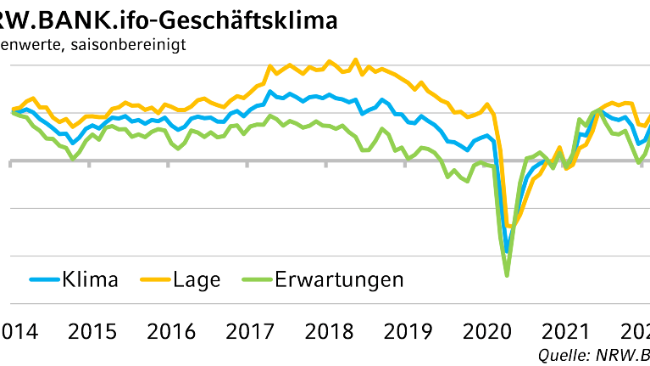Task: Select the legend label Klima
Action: tap(89, 279)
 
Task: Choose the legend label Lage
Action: tap(196, 279)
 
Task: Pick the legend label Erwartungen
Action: tap(339, 279)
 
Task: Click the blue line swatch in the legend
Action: tap(43, 279)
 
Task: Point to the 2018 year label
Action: tap(329, 331)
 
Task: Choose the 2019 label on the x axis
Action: tap(408, 331)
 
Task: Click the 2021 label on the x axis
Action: tap(567, 331)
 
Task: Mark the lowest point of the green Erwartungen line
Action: tap(507, 275)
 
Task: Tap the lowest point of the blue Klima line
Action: tap(507, 252)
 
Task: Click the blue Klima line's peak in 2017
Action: tap(269, 91)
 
